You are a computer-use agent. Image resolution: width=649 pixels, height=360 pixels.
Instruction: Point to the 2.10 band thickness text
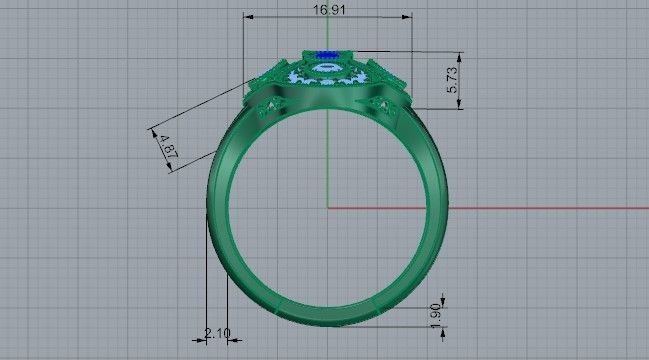pos(217,333)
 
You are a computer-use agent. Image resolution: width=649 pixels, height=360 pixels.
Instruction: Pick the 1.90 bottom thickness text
pos(435,314)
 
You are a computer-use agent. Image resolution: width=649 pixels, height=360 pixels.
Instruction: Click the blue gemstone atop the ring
pos(326,55)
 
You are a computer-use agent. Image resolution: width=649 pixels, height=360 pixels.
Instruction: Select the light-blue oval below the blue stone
pos(327,69)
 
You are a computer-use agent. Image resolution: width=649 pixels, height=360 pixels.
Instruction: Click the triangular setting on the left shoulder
pos(270,108)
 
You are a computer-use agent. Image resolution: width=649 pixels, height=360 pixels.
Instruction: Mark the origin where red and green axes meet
pos(328,208)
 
